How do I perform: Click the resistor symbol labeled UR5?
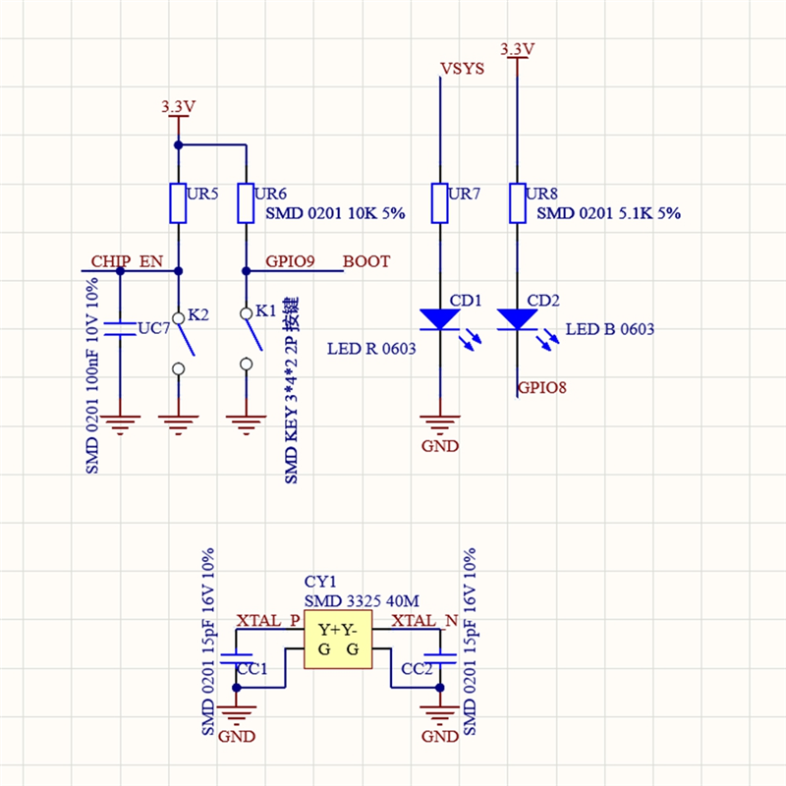click(x=178, y=203)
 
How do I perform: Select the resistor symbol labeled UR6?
click(x=246, y=203)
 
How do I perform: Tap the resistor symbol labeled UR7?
click(x=439, y=203)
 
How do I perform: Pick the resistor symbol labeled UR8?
click(x=518, y=203)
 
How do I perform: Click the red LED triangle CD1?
click(x=439, y=319)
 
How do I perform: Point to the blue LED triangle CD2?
click(x=518, y=319)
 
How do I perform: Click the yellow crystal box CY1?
click(x=338, y=640)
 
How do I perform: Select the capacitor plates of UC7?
click(x=120, y=329)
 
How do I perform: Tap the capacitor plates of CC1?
click(x=236, y=658)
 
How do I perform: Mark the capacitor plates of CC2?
click(x=439, y=658)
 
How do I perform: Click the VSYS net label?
click(x=462, y=68)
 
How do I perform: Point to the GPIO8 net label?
click(x=542, y=387)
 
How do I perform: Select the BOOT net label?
click(x=366, y=261)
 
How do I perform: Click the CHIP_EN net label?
click(x=127, y=261)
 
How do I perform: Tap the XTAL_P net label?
click(x=268, y=621)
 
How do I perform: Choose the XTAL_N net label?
click(x=424, y=621)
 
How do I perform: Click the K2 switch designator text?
click(x=198, y=314)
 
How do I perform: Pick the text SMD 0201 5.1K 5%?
click(x=608, y=213)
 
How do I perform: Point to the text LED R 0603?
click(x=371, y=349)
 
